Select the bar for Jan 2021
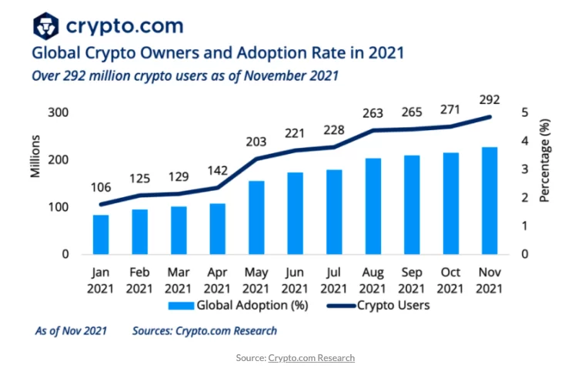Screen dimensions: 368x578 point(101,234)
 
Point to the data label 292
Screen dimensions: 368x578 point(489,99)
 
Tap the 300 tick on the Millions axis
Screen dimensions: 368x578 point(58,112)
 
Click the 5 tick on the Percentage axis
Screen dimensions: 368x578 point(523,112)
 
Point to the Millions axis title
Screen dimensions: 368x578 point(35,156)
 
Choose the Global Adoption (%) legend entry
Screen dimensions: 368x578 point(239,305)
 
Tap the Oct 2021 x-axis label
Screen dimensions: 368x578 point(450,280)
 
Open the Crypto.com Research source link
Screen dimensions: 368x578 point(311,358)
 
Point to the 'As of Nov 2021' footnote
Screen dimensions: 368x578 point(71,331)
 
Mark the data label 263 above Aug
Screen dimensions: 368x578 point(374,113)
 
